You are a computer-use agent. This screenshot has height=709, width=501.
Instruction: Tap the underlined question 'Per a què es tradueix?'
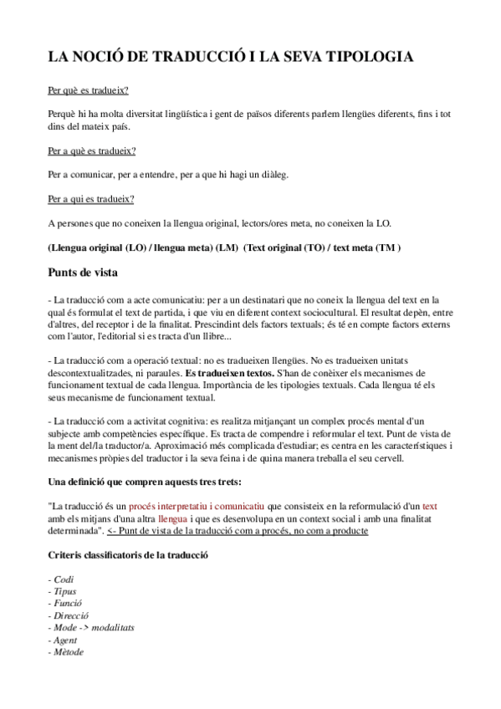pyautogui.click(x=92, y=150)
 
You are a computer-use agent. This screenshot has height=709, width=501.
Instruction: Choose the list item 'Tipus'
pyautogui.click(x=65, y=591)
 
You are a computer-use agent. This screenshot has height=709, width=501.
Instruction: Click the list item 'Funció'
pyautogui.click(x=69, y=603)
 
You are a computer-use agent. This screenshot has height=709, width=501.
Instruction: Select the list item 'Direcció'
pyautogui.click(x=71, y=615)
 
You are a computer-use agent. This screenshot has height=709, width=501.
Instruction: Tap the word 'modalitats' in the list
pyautogui.click(x=114, y=627)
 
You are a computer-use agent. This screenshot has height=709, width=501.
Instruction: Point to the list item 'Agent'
pyautogui.click(x=67, y=640)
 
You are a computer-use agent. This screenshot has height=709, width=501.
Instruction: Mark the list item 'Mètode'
pyautogui.click(x=69, y=651)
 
